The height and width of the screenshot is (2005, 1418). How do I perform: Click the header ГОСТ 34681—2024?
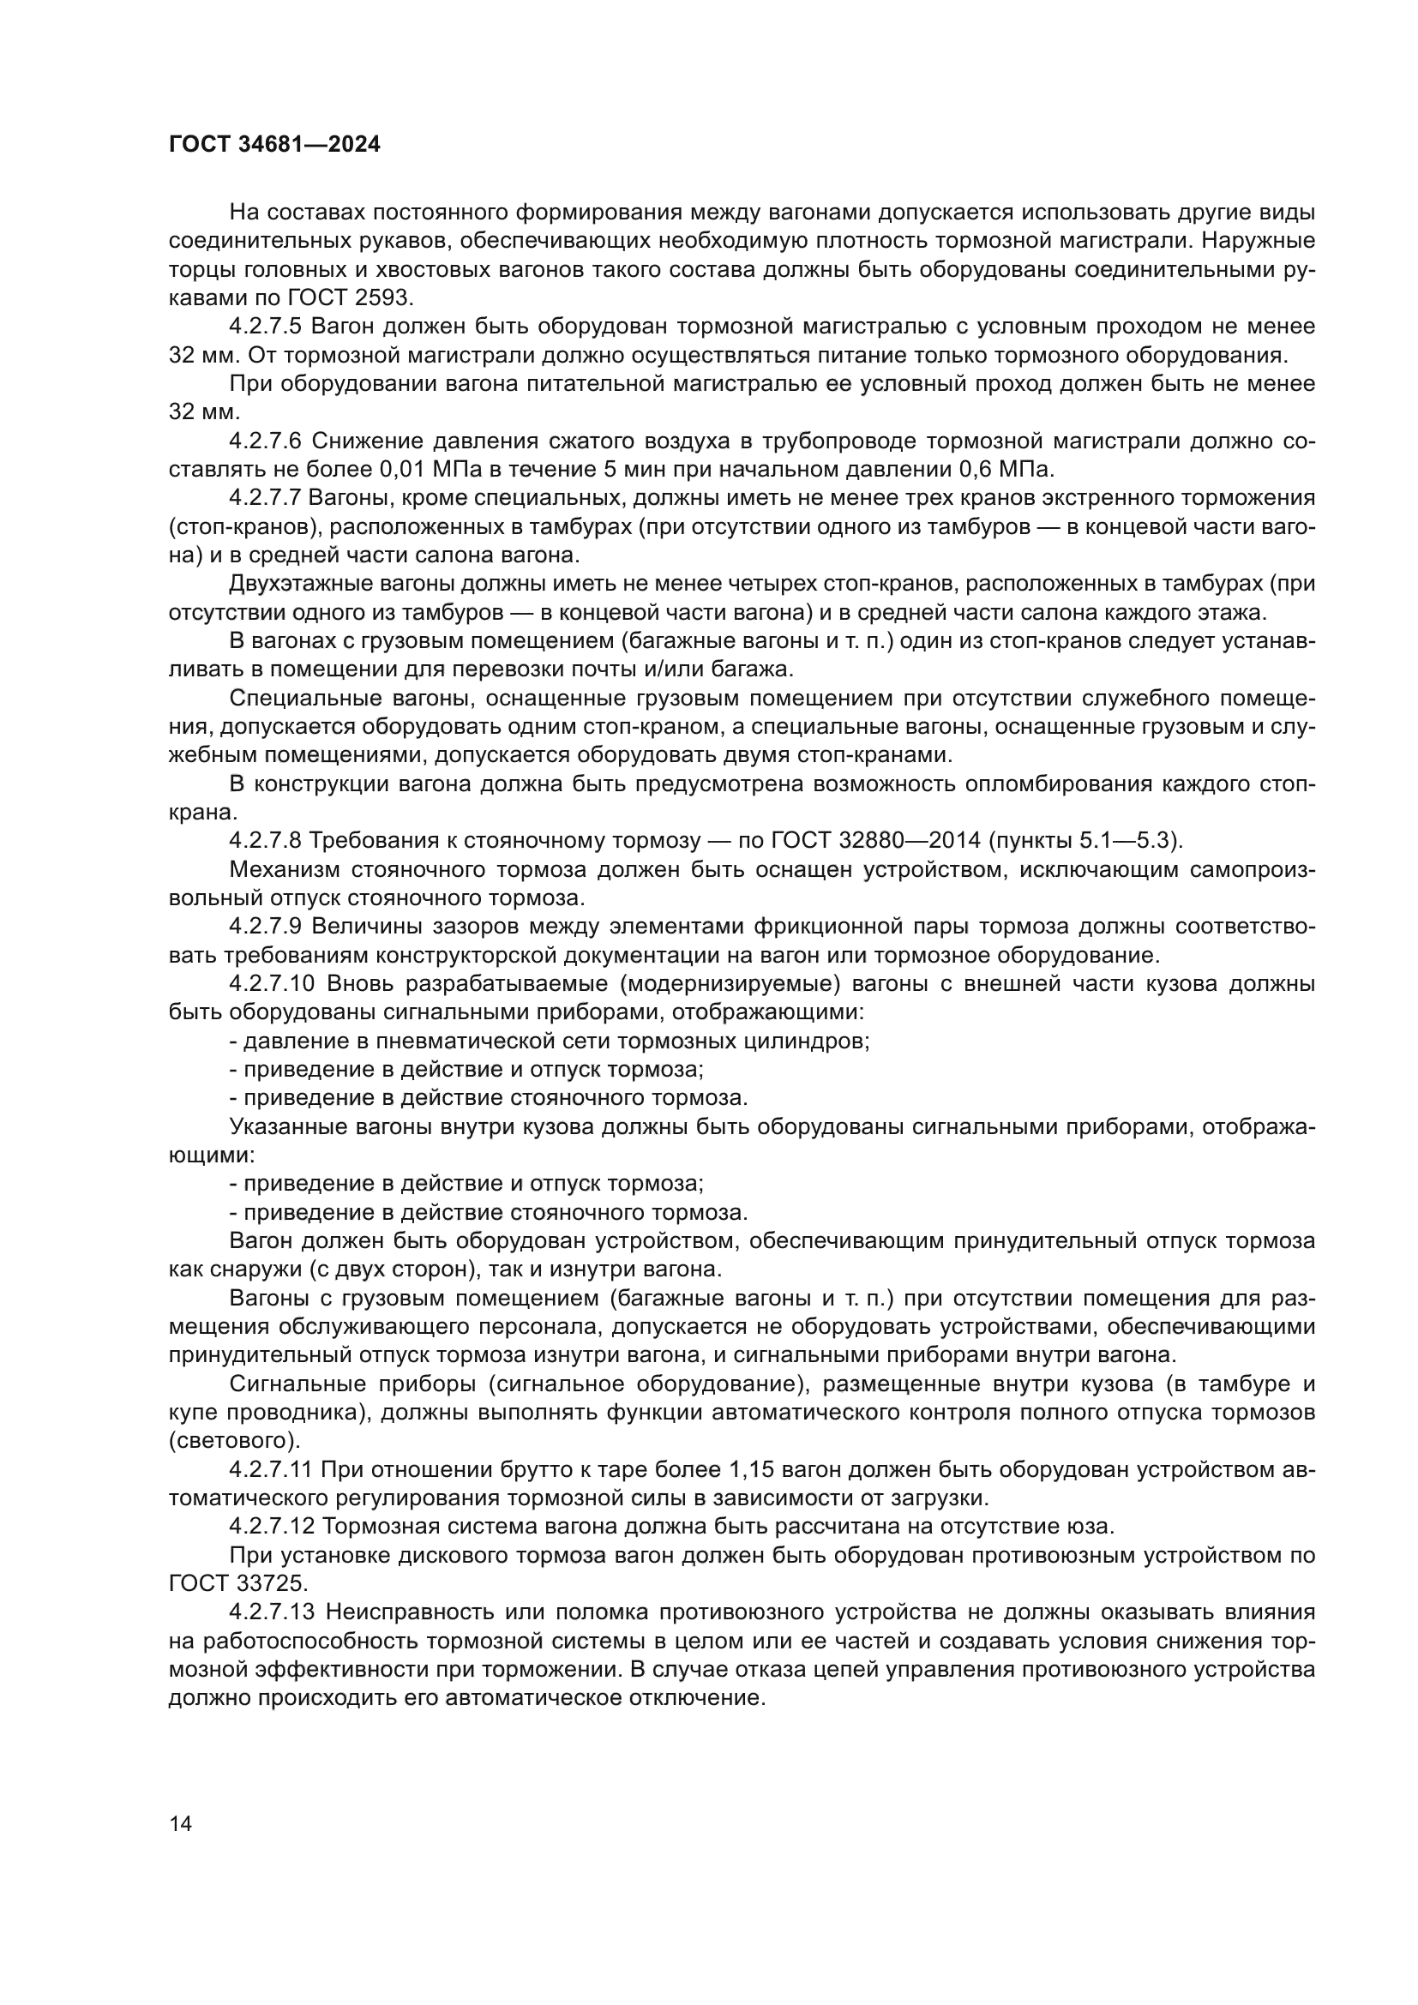[x=274, y=145]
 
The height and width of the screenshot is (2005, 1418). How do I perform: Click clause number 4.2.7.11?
[x=271, y=1470]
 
